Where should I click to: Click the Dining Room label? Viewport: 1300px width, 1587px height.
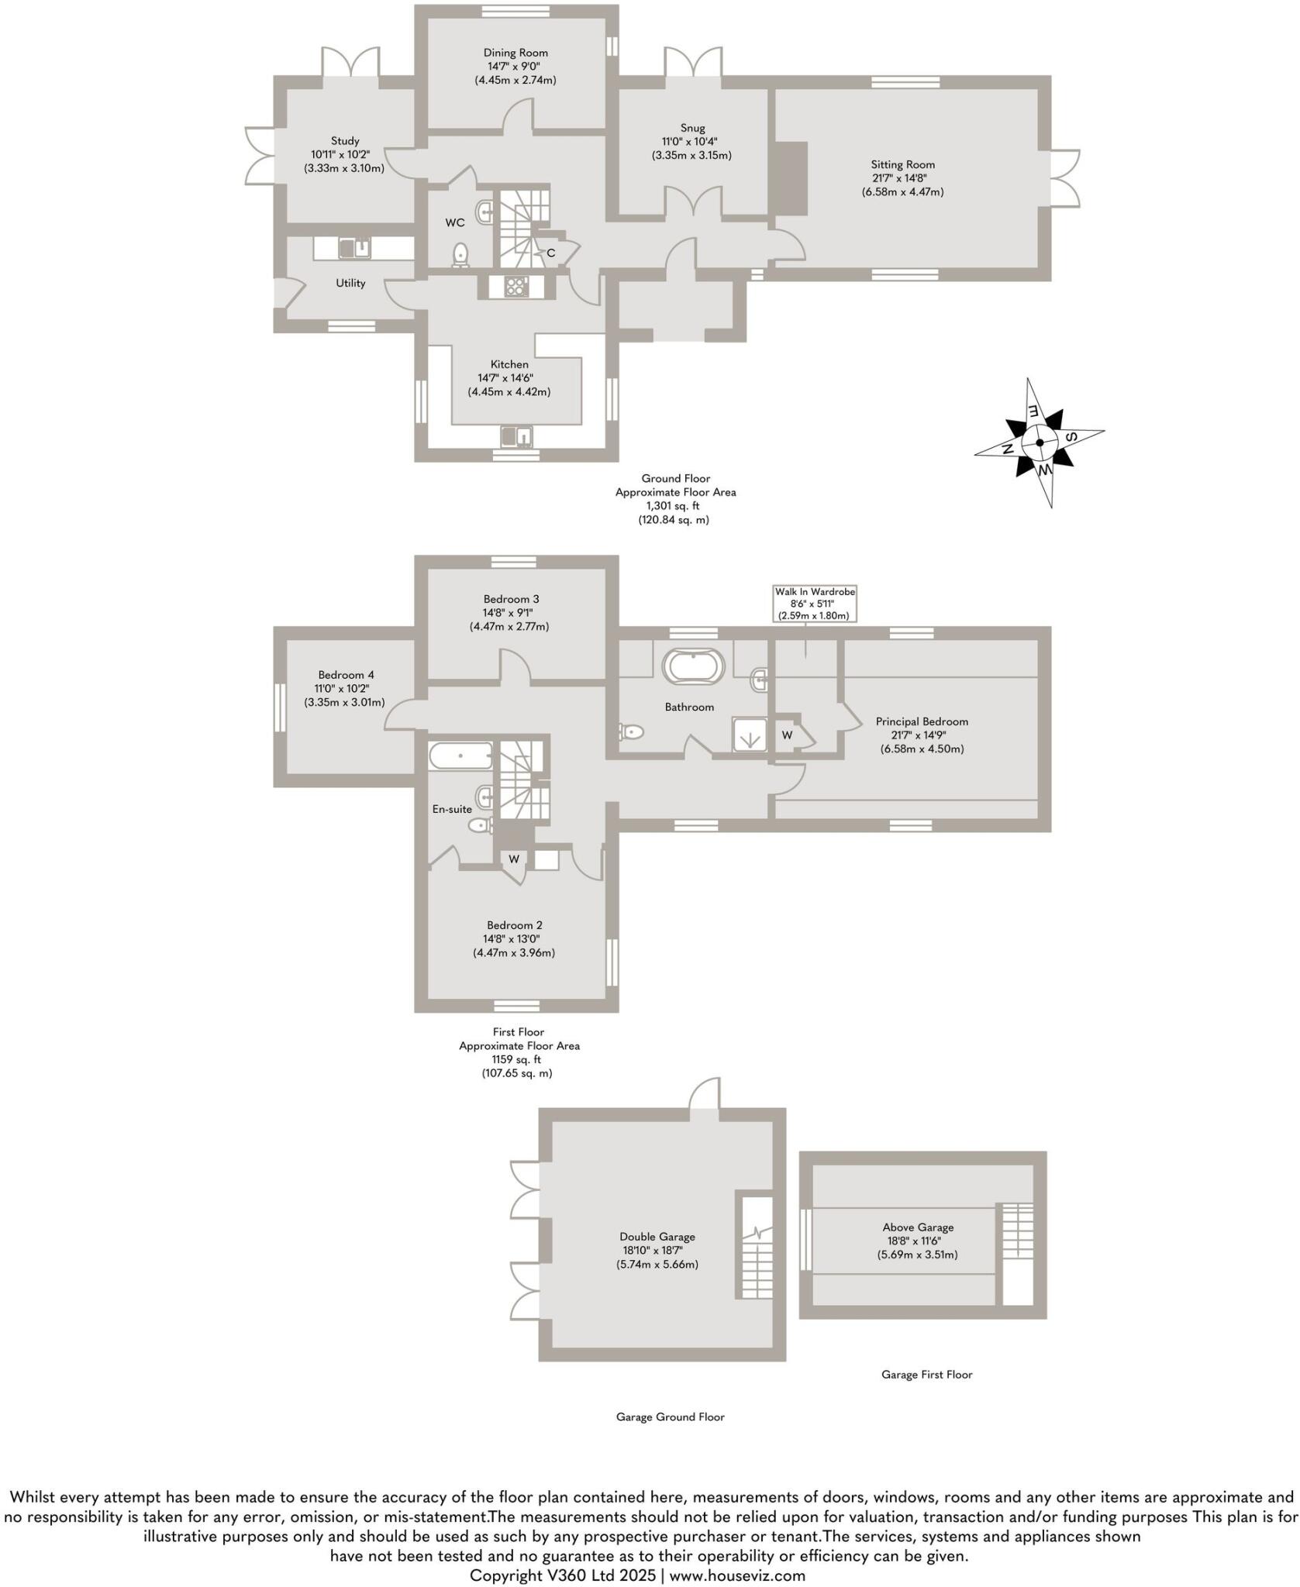(x=516, y=53)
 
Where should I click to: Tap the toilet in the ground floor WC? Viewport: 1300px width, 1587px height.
(x=461, y=254)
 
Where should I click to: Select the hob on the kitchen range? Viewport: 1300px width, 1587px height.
(x=516, y=287)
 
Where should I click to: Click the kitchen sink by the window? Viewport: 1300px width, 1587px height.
(x=516, y=437)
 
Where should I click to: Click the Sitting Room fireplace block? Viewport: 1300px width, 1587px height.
(x=789, y=178)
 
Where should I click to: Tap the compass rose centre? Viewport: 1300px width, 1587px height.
(x=1039, y=442)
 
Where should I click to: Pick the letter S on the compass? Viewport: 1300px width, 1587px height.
(x=1071, y=436)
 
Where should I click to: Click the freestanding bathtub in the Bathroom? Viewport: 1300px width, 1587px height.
(x=694, y=666)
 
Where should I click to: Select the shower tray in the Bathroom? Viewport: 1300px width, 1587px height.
(x=750, y=735)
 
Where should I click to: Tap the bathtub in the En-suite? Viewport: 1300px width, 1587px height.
(x=460, y=756)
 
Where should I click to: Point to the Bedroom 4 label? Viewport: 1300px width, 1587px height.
(x=346, y=675)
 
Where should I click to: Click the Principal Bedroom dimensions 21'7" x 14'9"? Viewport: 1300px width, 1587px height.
(x=922, y=735)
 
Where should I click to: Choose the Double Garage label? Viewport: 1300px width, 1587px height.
(x=657, y=1237)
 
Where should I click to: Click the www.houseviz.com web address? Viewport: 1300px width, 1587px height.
(x=737, y=1575)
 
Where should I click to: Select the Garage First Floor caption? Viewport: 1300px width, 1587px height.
(x=926, y=1375)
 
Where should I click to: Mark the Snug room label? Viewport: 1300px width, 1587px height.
(x=693, y=128)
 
